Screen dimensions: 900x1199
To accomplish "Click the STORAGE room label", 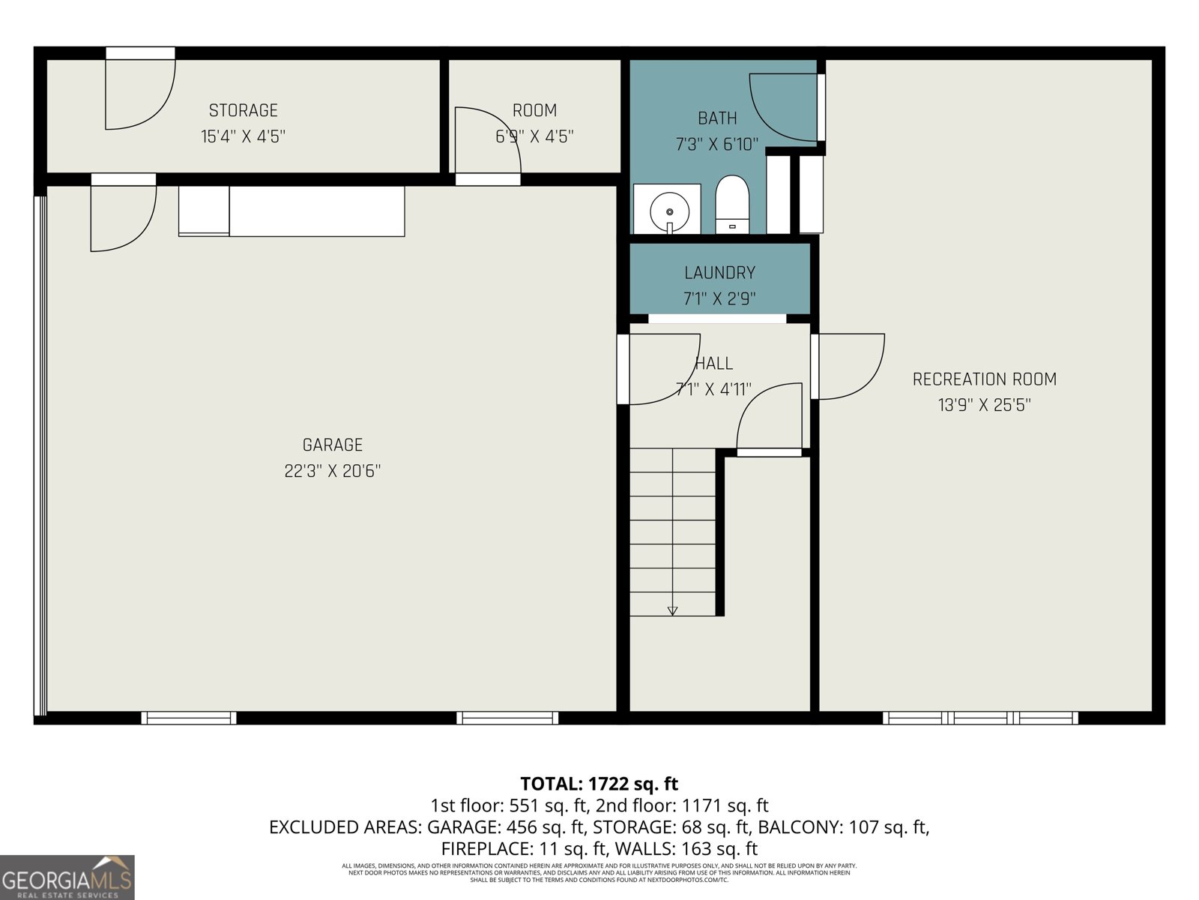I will [243, 111].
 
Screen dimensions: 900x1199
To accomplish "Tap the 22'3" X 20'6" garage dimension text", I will [332, 471].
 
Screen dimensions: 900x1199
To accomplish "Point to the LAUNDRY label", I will [719, 273].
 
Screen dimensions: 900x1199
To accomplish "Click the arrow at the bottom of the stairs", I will [672, 610].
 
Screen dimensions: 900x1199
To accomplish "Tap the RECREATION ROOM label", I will [984, 379].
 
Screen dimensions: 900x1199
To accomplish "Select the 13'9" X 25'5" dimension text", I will [984, 405].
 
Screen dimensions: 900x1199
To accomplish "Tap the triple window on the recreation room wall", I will [980, 718].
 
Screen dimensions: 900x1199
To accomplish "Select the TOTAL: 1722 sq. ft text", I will [599, 784].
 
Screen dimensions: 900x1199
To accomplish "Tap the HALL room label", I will [713, 364].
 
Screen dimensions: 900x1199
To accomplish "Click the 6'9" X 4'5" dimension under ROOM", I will [534, 136].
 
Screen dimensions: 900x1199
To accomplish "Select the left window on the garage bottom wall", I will [189, 718].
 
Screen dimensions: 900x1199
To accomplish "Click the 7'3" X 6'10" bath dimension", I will [717, 144].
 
